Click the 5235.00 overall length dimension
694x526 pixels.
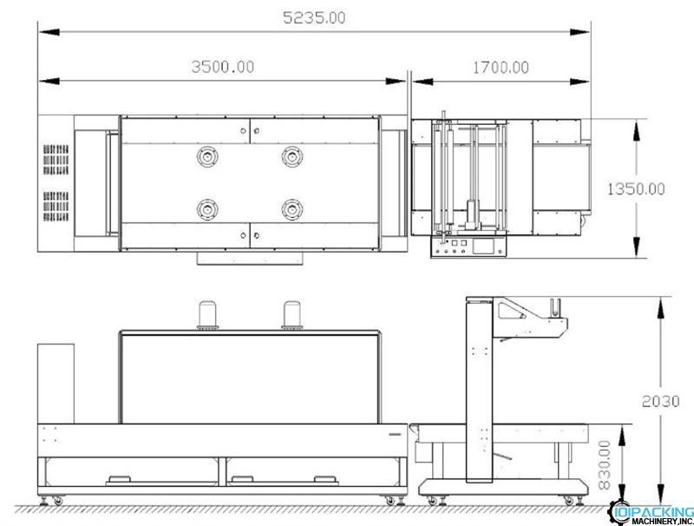[x=314, y=17]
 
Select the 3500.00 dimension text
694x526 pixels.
[x=223, y=67]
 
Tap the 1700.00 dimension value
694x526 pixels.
[x=501, y=68]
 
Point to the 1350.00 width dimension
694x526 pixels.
[x=636, y=189]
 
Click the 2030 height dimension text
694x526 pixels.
[x=660, y=401]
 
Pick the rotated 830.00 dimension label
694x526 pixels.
[x=605, y=464]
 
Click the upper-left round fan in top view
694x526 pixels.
[x=207, y=156]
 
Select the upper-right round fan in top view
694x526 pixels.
[x=292, y=156]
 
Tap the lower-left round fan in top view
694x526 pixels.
[x=207, y=209]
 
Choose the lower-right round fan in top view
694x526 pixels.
[x=292, y=209]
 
